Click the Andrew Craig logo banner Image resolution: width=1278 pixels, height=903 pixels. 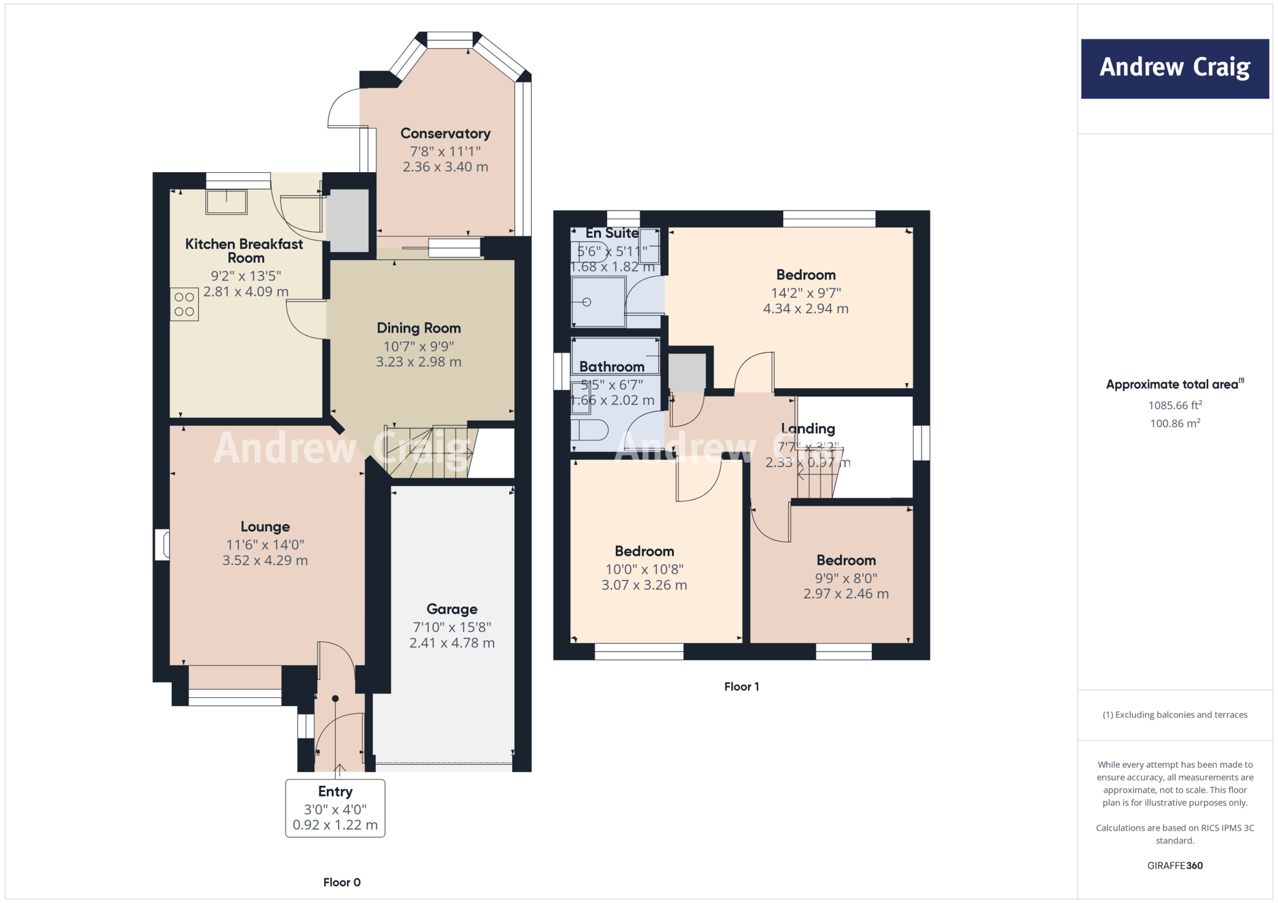(x=1174, y=69)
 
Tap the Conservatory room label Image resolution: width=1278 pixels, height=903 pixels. (x=445, y=133)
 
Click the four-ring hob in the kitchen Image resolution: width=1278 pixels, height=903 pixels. (x=184, y=304)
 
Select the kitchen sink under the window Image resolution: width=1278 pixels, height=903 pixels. (x=227, y=201)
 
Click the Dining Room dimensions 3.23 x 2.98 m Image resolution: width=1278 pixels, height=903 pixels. (x=418, y=362)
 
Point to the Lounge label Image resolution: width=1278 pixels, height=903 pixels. (x=265, y=527)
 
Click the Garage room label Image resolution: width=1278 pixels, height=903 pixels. (x=452, y=609)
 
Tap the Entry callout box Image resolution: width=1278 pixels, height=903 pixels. (x=335, y=808)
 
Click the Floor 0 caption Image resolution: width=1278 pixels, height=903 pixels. (x=341, y=882)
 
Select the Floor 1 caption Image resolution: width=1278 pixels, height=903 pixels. (x=741, y=687)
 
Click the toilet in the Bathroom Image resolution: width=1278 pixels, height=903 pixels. (x=590, y=430)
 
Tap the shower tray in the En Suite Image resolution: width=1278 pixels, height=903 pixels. (x=598, y=302)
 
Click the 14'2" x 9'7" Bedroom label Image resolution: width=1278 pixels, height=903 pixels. (x=806, y=275)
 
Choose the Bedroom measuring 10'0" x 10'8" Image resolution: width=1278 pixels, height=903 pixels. (x=644, y=551)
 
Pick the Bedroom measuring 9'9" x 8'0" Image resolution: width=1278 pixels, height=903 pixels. (x=846, y=560)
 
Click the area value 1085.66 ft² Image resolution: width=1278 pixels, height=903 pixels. (x=1174, y=405)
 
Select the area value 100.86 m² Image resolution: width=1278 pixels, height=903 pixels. (x=1174, y=423)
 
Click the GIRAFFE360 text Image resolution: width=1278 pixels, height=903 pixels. (x=1174, y=866)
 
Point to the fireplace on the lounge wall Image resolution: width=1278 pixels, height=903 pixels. (x=163, y=544)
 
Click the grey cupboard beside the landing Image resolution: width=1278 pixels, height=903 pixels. (x=686, y=372)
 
